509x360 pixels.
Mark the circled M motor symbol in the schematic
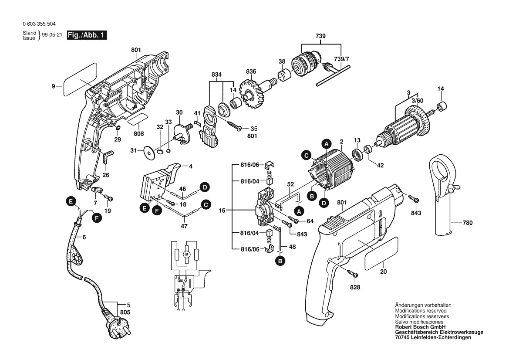187,254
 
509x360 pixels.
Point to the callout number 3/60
417,101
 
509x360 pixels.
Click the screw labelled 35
237,128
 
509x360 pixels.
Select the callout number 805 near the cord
125,312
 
